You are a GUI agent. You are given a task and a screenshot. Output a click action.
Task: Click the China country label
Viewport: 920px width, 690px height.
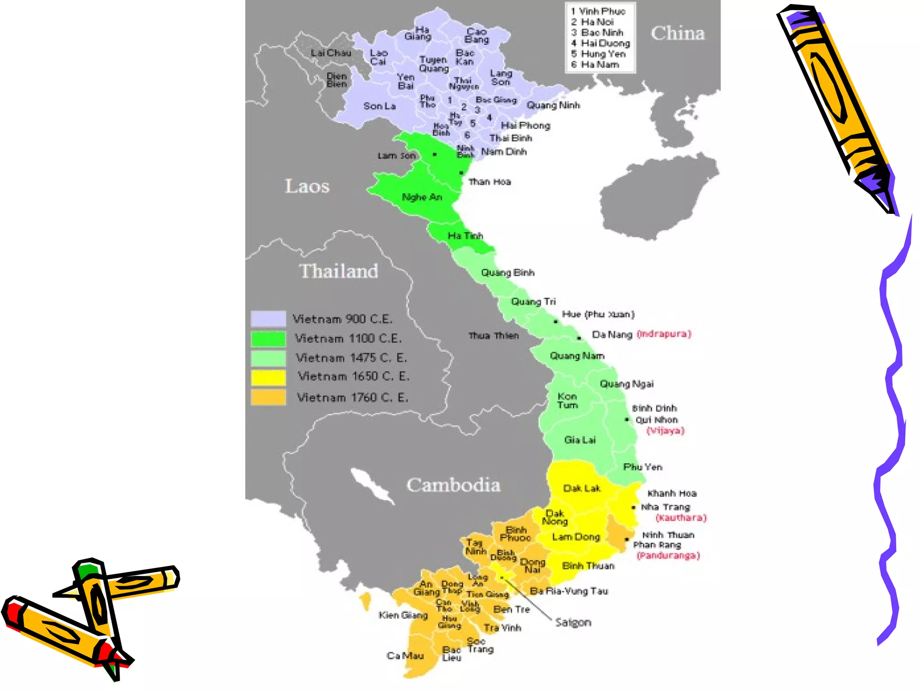pos(677,33)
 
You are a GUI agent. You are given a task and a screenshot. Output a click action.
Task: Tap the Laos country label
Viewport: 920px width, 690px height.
pos(307,186)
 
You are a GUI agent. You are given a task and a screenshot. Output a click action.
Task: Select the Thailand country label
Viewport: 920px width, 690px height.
pos(338,271)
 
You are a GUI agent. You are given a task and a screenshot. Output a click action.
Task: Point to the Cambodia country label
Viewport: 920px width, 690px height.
pos(453,485)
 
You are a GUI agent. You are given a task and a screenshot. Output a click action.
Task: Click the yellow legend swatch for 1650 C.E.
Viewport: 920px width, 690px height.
pos(268,377)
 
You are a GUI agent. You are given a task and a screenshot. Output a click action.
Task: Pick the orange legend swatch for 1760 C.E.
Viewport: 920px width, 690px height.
pos(268,397)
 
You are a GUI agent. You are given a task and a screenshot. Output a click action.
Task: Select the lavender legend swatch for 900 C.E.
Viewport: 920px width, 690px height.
pos(268,318)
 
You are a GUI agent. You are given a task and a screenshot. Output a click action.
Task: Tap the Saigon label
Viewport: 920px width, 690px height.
pos(573,622)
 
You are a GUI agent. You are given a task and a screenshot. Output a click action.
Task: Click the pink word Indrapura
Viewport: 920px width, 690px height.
pos(664,334)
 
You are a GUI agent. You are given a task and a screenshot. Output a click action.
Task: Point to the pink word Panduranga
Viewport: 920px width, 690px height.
pos(668,556)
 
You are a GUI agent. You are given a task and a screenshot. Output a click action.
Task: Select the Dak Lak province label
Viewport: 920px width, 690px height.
pos(581,488)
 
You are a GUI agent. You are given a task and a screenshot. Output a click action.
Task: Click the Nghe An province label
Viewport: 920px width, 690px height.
pos(421,197)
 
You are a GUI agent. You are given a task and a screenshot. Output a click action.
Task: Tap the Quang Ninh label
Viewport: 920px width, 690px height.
pos(553,105)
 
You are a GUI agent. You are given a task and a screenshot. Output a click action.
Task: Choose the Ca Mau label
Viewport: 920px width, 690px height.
pos(405,656)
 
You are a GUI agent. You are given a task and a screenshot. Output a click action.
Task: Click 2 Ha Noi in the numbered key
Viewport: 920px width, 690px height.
pos(593,22)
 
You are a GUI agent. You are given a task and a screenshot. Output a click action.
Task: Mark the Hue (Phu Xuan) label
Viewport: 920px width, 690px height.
pos(598,314)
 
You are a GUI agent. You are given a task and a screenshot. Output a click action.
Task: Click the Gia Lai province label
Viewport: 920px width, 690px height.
pos(579,440)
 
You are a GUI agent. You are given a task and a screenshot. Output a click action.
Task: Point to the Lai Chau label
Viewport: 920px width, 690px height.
pos(331,53)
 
